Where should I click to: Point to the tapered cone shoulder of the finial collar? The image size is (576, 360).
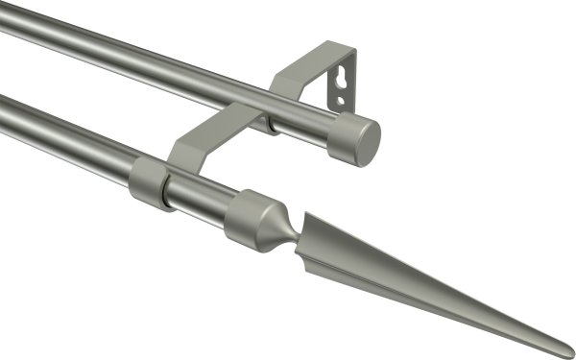273,226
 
